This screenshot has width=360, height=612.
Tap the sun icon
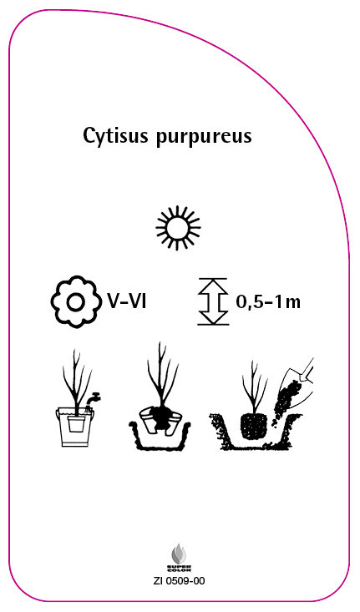178,228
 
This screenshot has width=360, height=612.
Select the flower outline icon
75,301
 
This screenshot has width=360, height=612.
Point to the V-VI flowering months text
127,301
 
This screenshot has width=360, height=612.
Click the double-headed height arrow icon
213,301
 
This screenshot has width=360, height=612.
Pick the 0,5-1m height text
268,303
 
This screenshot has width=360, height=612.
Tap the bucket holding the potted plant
76,427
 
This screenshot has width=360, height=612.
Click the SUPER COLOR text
180,568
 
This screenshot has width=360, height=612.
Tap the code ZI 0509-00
180,581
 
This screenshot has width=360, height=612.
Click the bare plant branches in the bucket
77,381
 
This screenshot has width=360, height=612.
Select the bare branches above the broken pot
162,373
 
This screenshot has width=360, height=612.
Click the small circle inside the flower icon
75,302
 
